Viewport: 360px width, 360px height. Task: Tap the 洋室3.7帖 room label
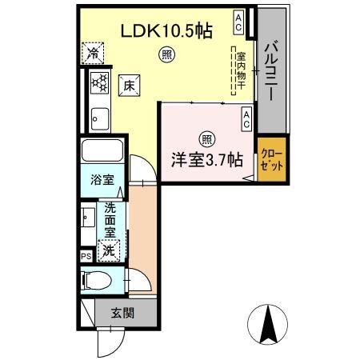pos(206,158)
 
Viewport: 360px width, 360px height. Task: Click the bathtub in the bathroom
pos(102,151)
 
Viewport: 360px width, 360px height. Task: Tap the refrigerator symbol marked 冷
pos(94,54)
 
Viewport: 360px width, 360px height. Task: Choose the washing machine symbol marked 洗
pos(108,250)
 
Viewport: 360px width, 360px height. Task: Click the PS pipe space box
pos(86,257)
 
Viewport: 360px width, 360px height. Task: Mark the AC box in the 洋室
pos(246,119)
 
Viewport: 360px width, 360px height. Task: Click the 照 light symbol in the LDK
pos(166,55)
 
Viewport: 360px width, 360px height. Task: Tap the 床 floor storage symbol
pos(127,86)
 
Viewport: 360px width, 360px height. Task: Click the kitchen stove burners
pos(100,82)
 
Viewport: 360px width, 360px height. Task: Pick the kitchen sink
pos(99,118)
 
